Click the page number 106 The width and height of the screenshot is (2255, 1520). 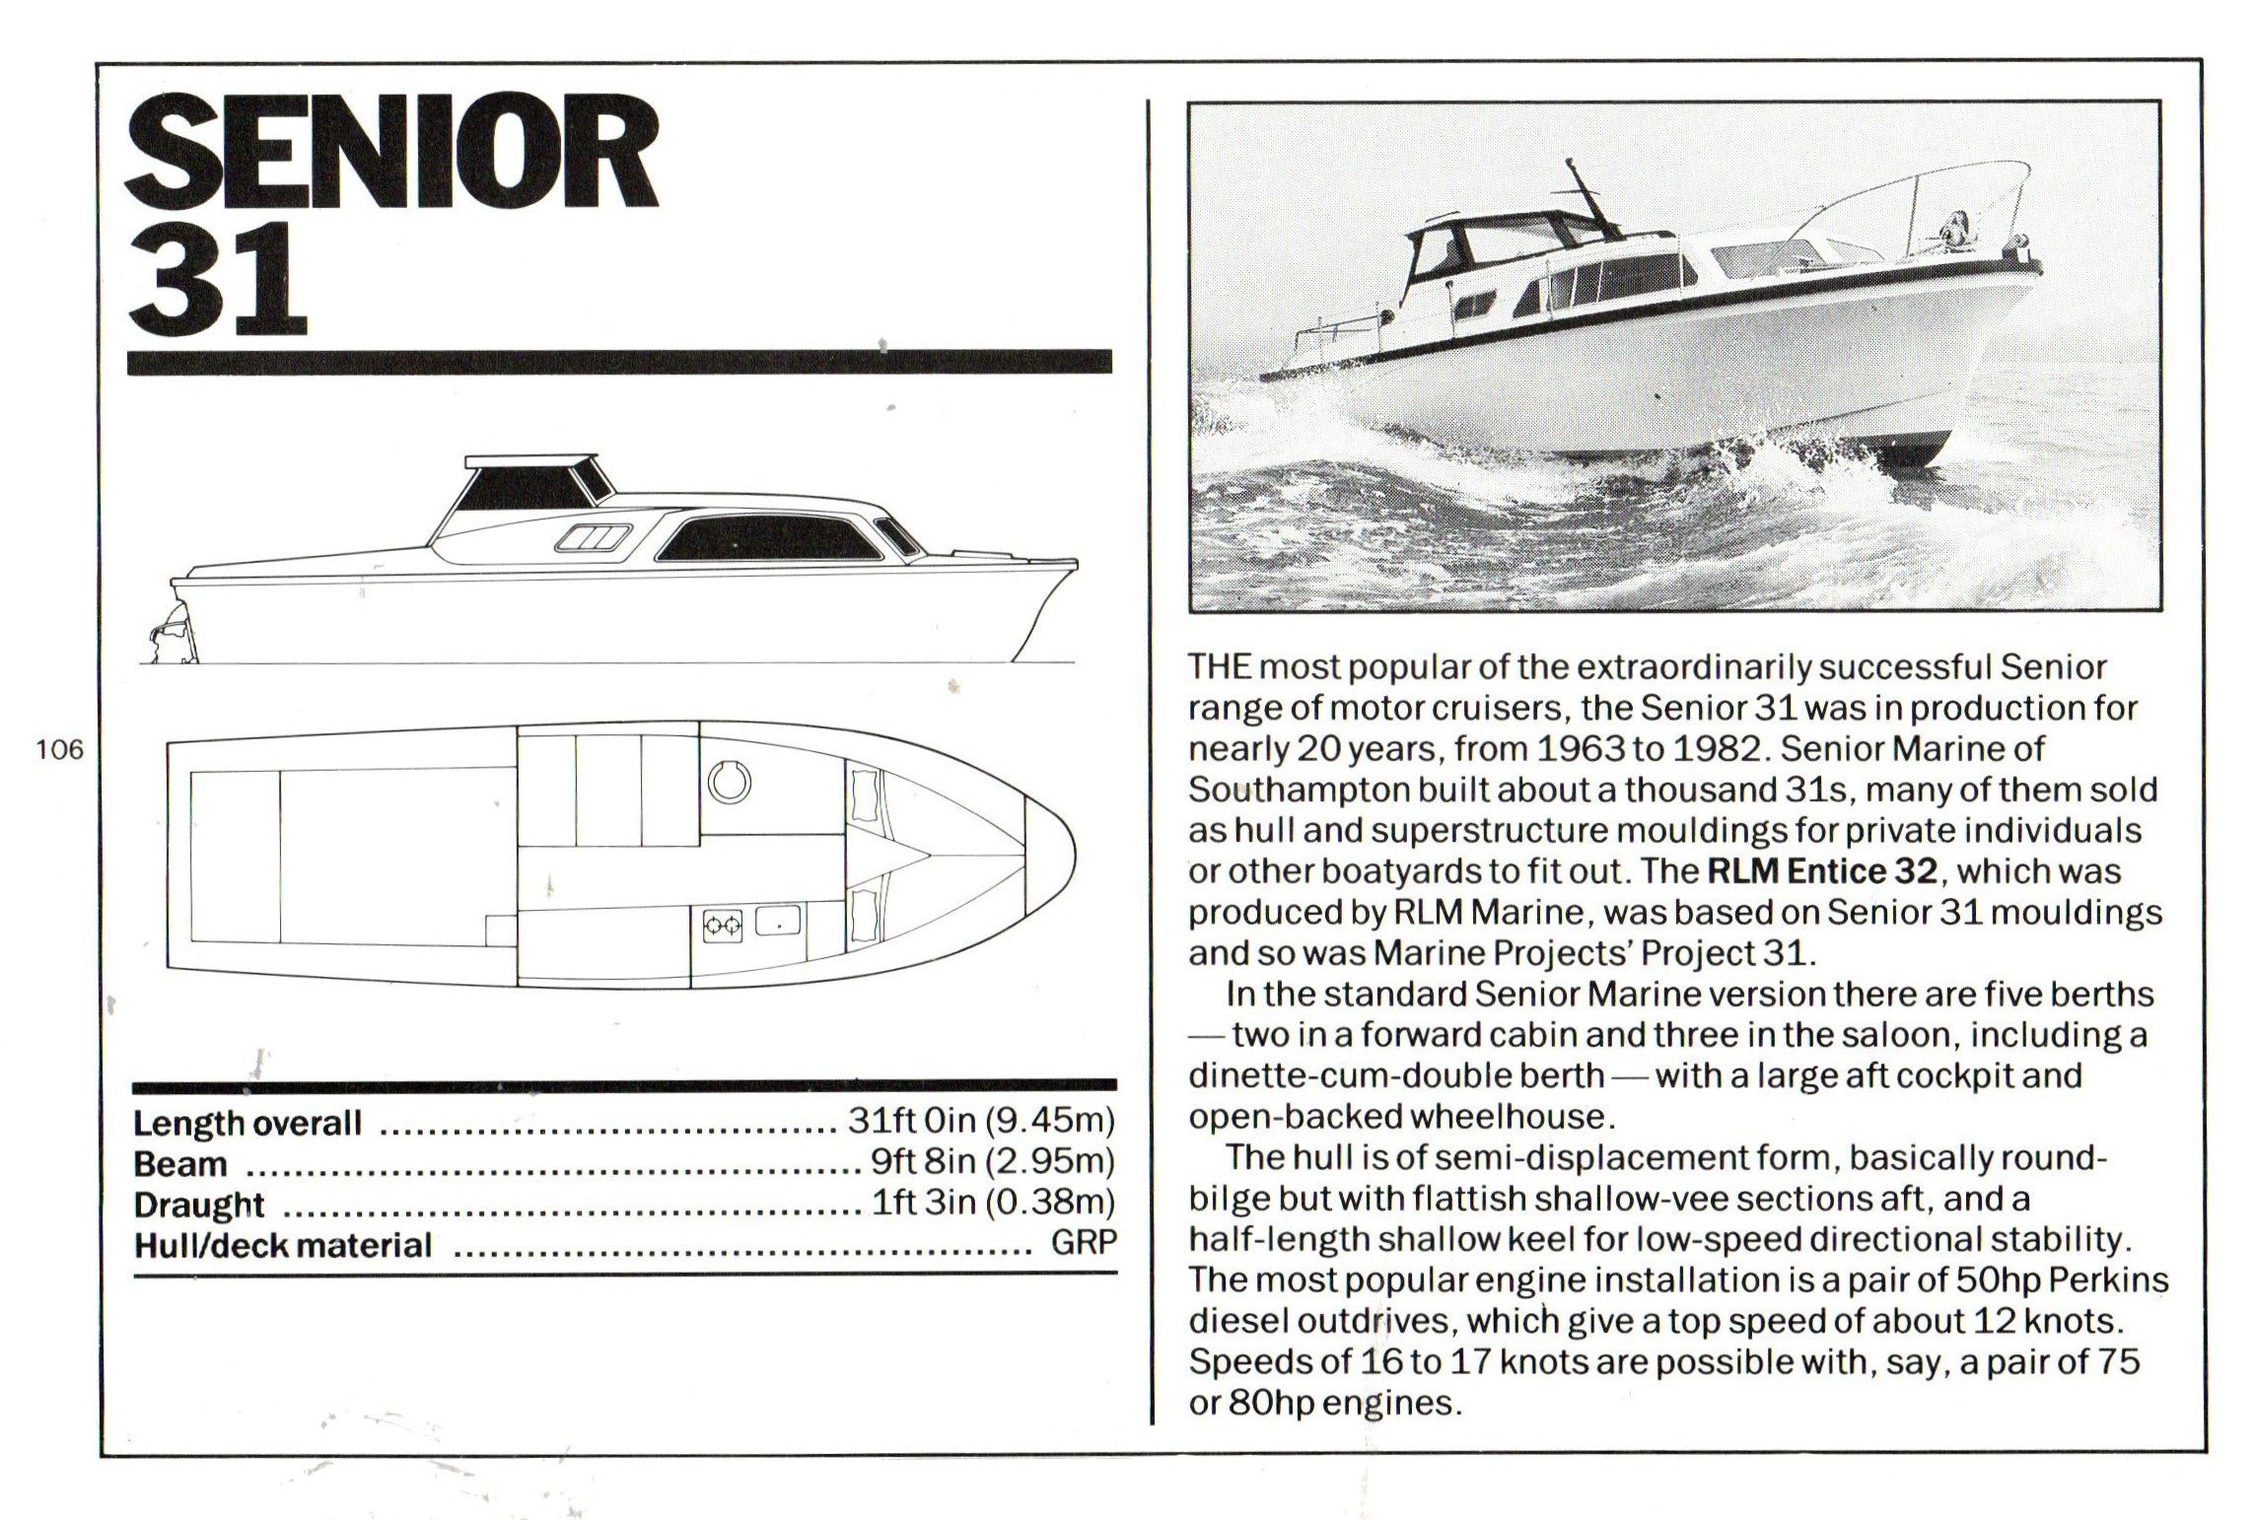pos(60,750)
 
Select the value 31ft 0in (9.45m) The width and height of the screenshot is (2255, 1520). pos(980,1122)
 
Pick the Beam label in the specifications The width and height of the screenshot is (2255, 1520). pos(180,1164)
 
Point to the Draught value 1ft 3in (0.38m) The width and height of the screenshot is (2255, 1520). pos(992,1204)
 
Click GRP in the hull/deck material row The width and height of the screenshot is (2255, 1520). pos(1084,1243)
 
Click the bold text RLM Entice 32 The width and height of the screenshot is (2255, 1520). pos(1822,871)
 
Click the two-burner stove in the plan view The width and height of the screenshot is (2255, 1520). pos(722,926)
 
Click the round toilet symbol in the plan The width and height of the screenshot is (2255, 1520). pos(730,783)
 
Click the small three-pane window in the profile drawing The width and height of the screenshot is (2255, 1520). pos(592,538)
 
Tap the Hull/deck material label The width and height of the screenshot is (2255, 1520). pos(283,1245)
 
